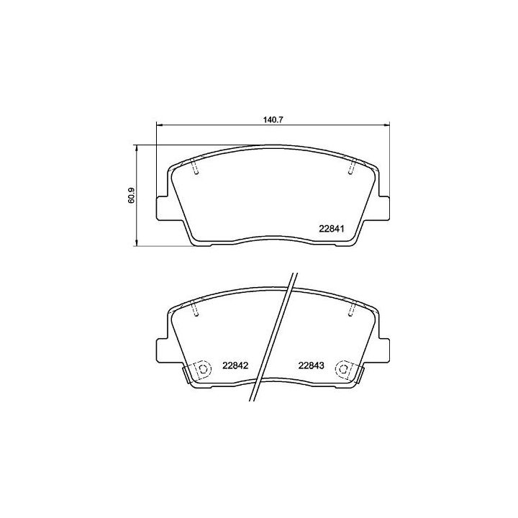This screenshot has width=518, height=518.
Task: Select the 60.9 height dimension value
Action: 132,196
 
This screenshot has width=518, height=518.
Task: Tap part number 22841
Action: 334,230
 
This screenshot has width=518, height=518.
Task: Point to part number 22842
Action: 235,365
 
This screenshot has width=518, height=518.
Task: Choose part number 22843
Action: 312,365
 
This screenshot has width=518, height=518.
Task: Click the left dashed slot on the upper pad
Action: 196,168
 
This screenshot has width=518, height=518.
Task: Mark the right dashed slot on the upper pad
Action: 350,168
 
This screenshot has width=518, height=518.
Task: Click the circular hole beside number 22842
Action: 203,370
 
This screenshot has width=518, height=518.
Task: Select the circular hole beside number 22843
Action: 344,370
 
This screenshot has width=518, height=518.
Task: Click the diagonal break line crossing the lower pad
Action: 275,338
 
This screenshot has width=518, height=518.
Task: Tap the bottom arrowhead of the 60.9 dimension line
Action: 137,245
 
